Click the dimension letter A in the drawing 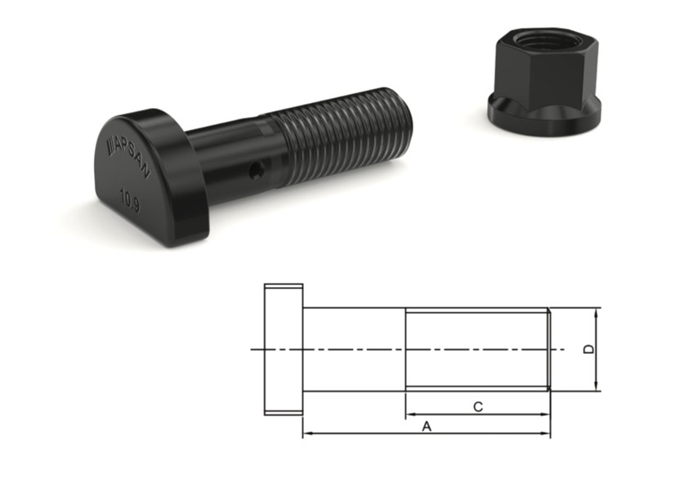(427, 427)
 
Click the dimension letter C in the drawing (478, 406)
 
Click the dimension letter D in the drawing (589, 349)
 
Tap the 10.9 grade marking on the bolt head (130, 200)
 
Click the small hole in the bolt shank (257, 170)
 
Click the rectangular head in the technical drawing (284, 349)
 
